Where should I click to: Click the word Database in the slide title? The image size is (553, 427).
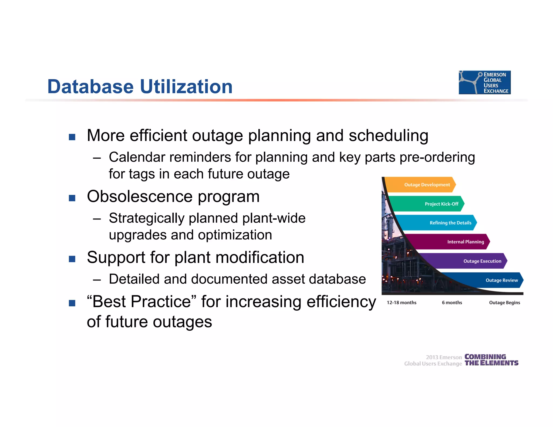click(x=90, y=87)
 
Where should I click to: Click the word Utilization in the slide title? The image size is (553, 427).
click(x=186, y=87)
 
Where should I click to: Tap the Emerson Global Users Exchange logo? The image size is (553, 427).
click(x=484, y=83)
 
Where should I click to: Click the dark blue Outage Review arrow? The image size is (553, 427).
click(x=494, y=280)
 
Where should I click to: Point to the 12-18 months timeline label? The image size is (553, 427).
click(x=402, y=303)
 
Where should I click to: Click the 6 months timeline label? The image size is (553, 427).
click(x=452, y=303)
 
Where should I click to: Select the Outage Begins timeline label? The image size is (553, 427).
click(x=504, y=303)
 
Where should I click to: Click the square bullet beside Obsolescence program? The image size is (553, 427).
click(x=72, y=198)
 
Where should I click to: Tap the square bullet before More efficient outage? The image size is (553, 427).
click(x=72, y=137)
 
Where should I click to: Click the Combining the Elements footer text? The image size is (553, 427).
click(x=491, y=360)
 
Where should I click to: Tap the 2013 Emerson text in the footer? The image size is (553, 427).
click(x=444, y=357)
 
